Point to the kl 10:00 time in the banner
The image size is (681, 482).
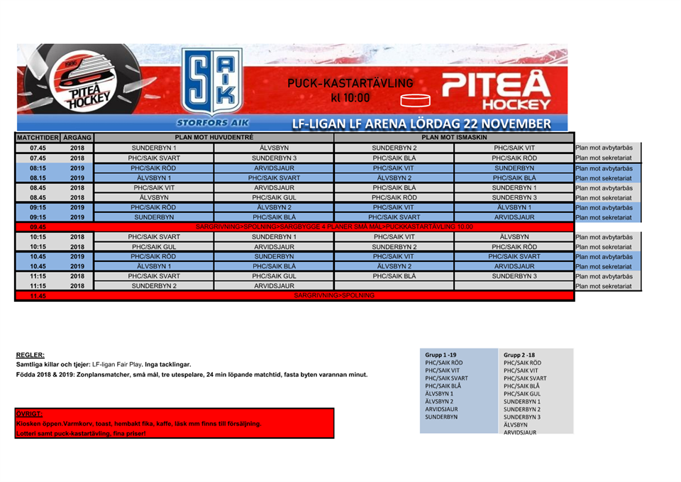[350, 97]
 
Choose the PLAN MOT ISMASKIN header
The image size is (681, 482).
[454, 136]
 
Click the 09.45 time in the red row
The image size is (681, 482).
[38, 226]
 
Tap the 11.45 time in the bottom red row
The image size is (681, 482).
[38, 295]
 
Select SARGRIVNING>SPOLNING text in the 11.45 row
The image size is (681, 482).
[334, 295]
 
